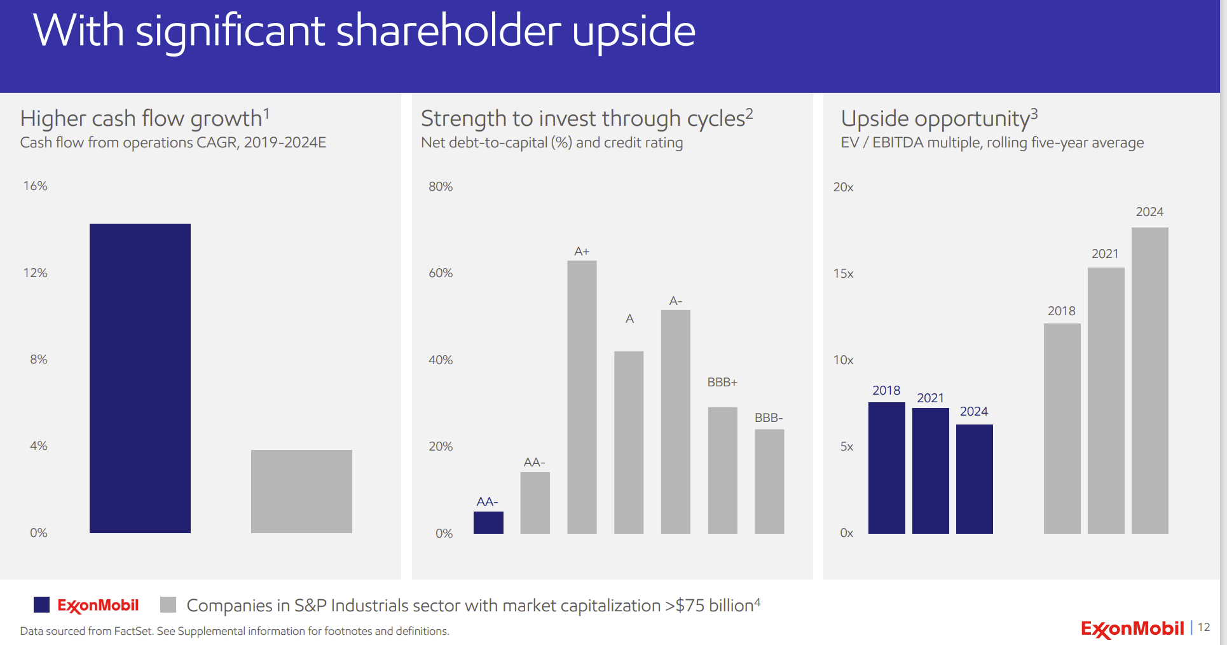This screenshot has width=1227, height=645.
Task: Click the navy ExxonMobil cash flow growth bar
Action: pyautogui.click(x=140, y=378)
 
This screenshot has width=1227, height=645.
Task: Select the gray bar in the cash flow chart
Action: pyautogui.click(x=301, y=491)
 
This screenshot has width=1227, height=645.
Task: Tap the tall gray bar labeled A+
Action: pyautogui.click(x=582, y=397)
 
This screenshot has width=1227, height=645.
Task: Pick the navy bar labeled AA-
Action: pyautogui.click(x=488, y=522)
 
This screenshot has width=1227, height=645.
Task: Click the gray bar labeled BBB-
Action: pyautogui.click(x=769, y=481)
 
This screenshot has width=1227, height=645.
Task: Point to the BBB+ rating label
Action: pyautogui.click(x=722, y=382)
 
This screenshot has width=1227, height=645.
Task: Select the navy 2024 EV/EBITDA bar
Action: pyautogui.click(x=974, y=479)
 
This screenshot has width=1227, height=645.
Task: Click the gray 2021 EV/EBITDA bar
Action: pyautogui.click(x=1106, y=400)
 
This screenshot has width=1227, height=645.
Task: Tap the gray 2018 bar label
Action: pyautogui.click(x=1061, y=311)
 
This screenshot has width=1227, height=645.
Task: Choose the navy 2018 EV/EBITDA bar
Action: pyautogui.click(x=886, y=468)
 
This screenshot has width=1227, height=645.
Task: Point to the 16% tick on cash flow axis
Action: pyautogui.click(x=36, y=186)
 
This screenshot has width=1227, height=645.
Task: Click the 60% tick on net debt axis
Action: pyautogui.click(x=441, y=273)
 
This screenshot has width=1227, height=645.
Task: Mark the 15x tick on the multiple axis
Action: pyautogui.click(x=843, y=273)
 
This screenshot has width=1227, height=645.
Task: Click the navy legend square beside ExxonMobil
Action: pyautogui.click(x=41, y=604)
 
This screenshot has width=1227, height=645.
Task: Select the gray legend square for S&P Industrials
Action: pyautogui.click(x=168, y=604)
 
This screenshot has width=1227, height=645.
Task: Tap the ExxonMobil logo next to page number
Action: pyautogui.click(x=1132, y=628)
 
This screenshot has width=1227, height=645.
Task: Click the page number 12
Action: pyautogui.click(x=1203, y=627)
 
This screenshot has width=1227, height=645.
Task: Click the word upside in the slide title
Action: pyautogui.click(x=633, y=32)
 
